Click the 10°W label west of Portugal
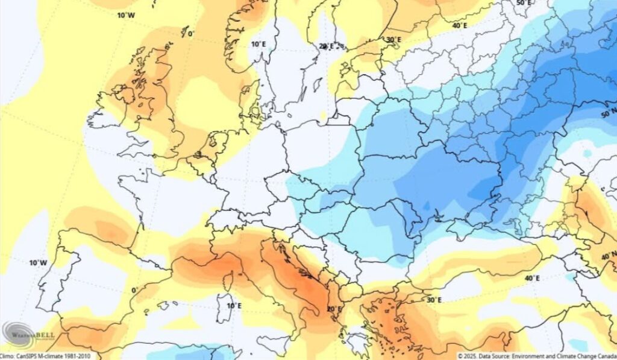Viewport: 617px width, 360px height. [x=38, y=262]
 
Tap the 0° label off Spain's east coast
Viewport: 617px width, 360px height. [x=134, y=290]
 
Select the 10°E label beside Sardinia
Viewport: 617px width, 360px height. [x=234, y=305]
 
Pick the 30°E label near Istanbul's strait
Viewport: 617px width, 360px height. [x=433, y=300]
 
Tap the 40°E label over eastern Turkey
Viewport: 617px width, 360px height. [x=531, y=278]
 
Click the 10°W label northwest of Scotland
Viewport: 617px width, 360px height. [x=126, y=14]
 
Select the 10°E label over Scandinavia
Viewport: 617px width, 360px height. [x=258, y=43]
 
